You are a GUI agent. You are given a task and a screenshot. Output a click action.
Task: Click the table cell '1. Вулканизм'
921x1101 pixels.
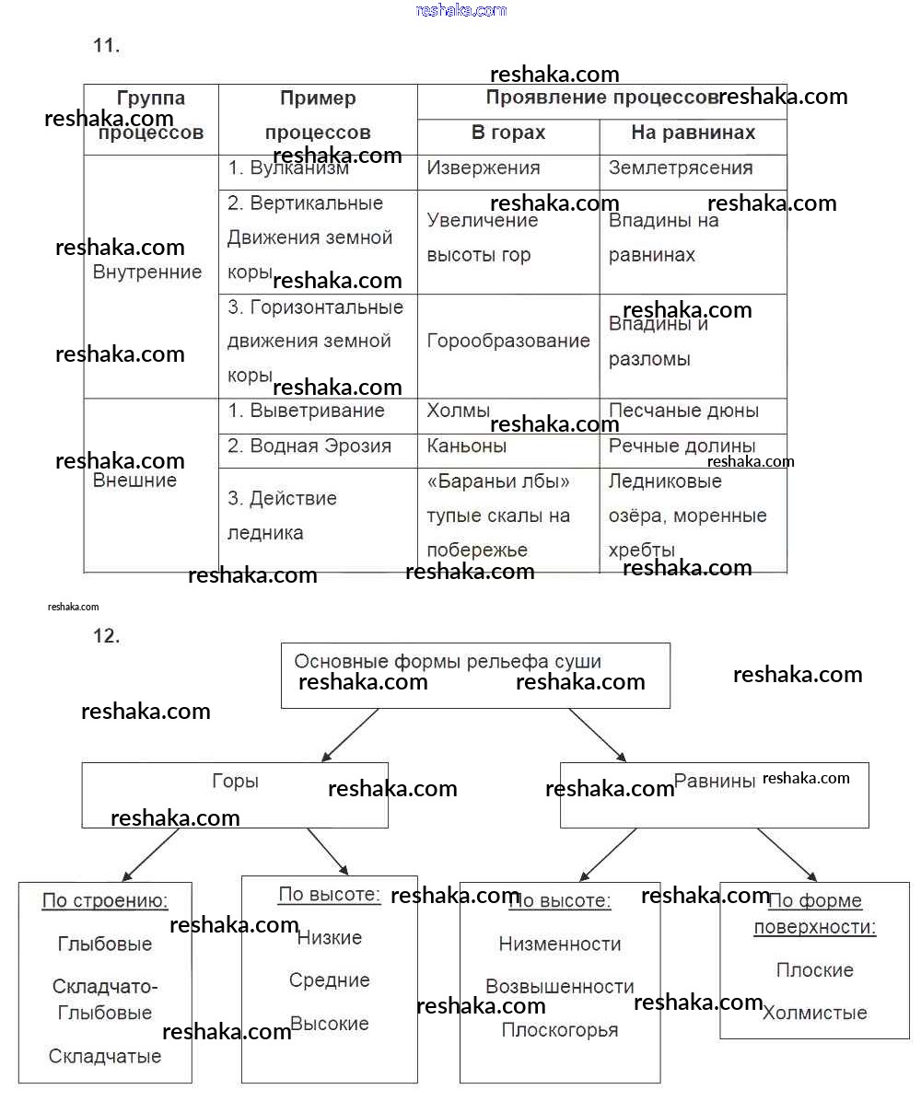tap(288, 168)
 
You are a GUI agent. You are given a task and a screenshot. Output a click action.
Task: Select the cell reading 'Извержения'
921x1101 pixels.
tap(484, 168)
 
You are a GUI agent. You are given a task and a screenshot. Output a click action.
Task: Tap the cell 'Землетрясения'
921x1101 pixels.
tap(681, 168)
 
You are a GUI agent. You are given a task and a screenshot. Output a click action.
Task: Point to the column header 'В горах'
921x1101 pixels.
tap(508, 133)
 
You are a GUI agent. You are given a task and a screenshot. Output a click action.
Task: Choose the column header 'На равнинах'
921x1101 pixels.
tap(693, 133)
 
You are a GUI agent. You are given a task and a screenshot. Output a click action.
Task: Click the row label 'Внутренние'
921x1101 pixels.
tap(147, 272)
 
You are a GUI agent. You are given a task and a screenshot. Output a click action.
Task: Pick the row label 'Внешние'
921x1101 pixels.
tap(135, 481)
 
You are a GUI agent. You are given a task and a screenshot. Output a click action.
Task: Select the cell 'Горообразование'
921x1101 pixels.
tap(508, 341)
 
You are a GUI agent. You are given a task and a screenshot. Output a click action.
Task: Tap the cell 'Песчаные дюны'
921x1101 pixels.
tap(683, 411)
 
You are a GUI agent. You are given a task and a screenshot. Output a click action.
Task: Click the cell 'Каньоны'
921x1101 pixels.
tap(467, 446)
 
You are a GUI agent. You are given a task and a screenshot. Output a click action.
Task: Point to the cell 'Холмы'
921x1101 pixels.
tap(459, 411)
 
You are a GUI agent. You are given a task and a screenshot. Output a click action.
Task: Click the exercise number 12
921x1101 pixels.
tap(107, 635)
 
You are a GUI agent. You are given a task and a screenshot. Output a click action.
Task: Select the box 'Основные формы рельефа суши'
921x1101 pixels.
tap(474, 675)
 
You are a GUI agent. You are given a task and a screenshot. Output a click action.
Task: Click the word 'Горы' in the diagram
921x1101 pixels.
tap(235, 782)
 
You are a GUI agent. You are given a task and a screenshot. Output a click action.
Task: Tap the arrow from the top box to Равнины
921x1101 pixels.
tap(598, 735)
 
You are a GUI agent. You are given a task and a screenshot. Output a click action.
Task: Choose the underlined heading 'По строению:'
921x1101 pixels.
tap(105, 900)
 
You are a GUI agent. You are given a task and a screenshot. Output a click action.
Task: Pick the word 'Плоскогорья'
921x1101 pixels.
tap(560, 1030)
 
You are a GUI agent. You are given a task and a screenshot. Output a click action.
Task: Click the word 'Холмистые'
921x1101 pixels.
tap(815, 1014)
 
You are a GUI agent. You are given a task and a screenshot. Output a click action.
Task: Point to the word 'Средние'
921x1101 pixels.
tap(330, 980)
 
